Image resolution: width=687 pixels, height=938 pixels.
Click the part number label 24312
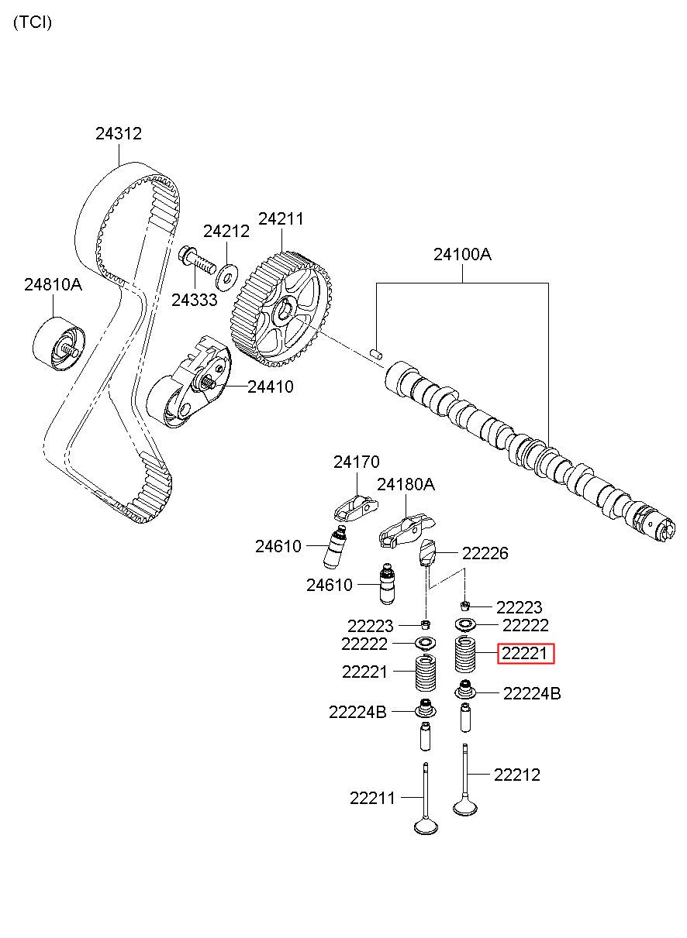[x=119, y=133]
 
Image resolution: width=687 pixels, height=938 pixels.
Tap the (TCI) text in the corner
[x=33, y=22]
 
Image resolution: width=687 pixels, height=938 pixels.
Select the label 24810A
[x=53, y=284]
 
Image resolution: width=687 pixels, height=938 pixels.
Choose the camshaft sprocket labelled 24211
[x=284, y=308]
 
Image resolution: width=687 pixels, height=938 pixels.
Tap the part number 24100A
[x=462, y=254]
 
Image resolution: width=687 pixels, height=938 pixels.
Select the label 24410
[x=271, y=387]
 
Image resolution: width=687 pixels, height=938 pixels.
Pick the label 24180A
[x=406, y=485]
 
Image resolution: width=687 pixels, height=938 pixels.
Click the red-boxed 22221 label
[x=526, y=655]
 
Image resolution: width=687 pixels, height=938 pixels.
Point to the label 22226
[x=485, y=553]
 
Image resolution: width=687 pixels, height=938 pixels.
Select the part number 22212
[x=516, y=774]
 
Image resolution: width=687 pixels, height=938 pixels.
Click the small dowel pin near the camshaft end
[x=378, y=354]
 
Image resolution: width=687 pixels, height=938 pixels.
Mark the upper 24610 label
[x=278, y=546]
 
